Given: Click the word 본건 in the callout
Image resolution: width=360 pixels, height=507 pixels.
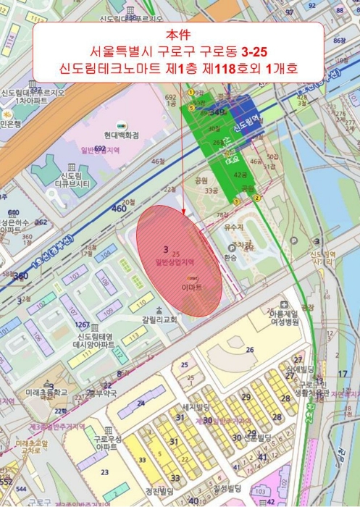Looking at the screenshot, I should [x=180, y=33].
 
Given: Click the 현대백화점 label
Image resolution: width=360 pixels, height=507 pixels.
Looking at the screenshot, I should [x=120, y=135].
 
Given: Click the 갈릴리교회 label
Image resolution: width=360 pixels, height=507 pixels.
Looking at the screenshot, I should [x=160, y=319].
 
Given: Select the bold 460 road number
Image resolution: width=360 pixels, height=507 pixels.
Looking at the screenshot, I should [x=118, y=209].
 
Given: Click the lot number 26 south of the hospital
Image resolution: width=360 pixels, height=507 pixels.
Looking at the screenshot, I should [x=250, y=351].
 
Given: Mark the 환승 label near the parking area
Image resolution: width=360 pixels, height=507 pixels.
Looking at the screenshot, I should [x=230, y=257].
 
